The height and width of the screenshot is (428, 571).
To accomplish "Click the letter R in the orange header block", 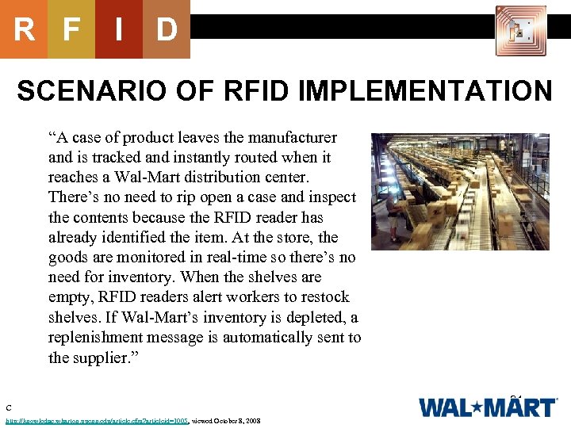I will pyautogui.click(x=24, y=30).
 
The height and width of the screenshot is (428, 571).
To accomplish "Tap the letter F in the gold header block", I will pyautogui.click(x=71, y=30).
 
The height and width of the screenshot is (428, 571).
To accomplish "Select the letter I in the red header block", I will pyautogui.click(x=118, y=30).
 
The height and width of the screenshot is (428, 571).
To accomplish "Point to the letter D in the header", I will pyautogui.click(x=166, y=30).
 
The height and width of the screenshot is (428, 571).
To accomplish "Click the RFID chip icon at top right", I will pyautogui.click(x=521, y=31).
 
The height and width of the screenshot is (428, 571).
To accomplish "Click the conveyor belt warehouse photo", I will pyautogui.click(x=460, y=191).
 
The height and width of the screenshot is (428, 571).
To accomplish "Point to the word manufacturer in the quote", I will pyautogui.click(x=291, y=137).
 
